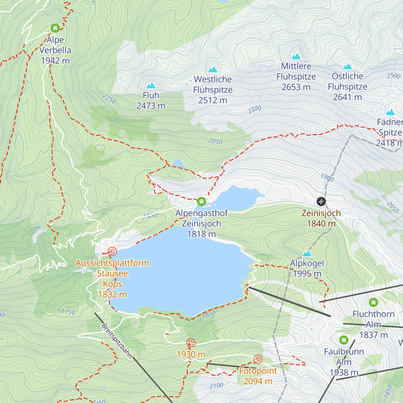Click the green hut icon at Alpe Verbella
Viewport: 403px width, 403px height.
(x=55, y=28)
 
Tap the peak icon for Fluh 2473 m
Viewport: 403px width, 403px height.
(x=151, y=85)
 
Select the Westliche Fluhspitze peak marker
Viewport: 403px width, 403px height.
(x=213, y=70)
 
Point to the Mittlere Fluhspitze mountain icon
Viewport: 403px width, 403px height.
(x=296, y=56)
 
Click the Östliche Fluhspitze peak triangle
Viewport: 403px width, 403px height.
(x=348, y=66)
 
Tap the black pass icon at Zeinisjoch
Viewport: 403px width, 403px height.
(x=321, y=201)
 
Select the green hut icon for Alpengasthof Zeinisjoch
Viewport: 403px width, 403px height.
(x=201, y=201)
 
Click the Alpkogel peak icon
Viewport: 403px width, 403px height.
(x=307, y=253)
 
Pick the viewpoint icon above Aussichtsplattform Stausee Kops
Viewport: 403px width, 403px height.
(x=113, y=251)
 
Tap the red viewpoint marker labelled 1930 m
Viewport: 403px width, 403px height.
(x=191, y=343)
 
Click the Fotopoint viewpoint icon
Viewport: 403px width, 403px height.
(x=258, y=359)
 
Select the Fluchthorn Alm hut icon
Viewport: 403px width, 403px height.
(x=373, y=302)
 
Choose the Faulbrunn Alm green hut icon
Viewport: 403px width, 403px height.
(x=344, y=340)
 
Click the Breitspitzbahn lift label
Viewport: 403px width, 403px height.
(x=117, y=341)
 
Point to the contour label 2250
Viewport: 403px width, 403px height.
(x=109, y=99)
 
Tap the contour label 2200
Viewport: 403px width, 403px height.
(x=255, y=109)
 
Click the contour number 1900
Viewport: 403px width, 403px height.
(x=327, y=177)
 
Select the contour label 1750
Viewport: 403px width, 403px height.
(x=68, y=312)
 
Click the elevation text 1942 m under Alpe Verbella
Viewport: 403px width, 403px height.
(x=55, y=60)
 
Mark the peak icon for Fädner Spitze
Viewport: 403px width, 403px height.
(x=390, y=112)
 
